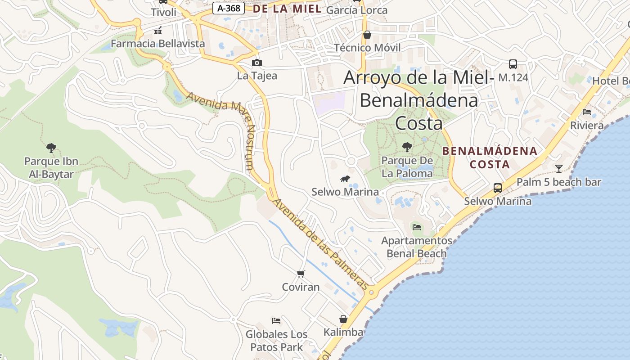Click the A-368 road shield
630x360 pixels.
229,8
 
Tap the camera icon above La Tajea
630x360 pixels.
256,63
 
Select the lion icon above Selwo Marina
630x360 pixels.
345,179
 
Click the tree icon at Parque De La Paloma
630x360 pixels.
407,147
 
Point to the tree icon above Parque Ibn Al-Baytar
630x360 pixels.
51,147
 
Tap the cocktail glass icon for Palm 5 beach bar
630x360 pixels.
558,168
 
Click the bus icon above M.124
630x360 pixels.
513,64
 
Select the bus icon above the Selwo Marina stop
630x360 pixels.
498,188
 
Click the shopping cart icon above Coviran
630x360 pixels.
301,274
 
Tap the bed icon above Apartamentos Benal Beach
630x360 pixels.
417,227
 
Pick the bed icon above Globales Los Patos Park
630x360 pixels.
276,320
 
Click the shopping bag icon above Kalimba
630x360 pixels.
343,319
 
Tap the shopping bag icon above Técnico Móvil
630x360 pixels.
367,34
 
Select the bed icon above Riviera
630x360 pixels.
587,112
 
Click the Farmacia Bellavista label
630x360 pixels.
157,44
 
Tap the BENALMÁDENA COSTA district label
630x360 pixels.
490,157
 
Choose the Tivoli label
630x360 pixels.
163,12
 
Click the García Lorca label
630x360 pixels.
356,10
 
